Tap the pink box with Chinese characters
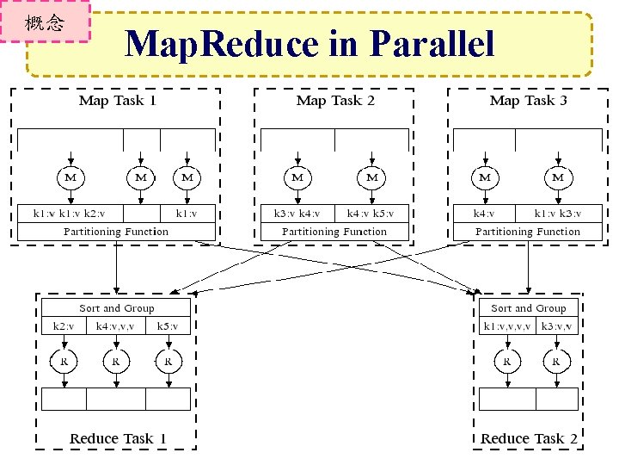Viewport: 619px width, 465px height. [x=45, y=22]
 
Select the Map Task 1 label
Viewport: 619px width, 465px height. [x=117, y=101]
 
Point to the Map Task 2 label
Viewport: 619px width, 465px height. [x=334, y=101]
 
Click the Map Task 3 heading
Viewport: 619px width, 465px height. [x=528, y=101]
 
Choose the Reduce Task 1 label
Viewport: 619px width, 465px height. [x=118, y=438]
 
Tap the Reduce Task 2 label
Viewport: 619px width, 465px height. [x=529, y=438]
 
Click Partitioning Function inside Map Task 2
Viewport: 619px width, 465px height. [x=334, y=232]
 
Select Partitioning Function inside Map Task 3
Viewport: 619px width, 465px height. [x=528, y=232]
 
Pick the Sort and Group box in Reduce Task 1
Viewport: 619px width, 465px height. [x=117, y=308]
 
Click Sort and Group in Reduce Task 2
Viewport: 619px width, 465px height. [x=528, y=308]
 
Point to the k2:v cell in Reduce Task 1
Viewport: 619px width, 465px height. [x=64, y=326]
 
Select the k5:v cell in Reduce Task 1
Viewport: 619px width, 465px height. [x=168, y=326]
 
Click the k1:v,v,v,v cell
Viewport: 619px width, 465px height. [x=507, y=326]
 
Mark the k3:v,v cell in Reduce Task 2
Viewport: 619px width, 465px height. [x=556, y=326]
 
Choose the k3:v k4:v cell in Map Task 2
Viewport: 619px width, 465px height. [x=297, y=214]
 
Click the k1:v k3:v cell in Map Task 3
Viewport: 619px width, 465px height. [x=557, y=214]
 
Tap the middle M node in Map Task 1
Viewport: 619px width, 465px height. [x=140, y=177]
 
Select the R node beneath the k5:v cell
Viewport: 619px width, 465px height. [x=169, y=361]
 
